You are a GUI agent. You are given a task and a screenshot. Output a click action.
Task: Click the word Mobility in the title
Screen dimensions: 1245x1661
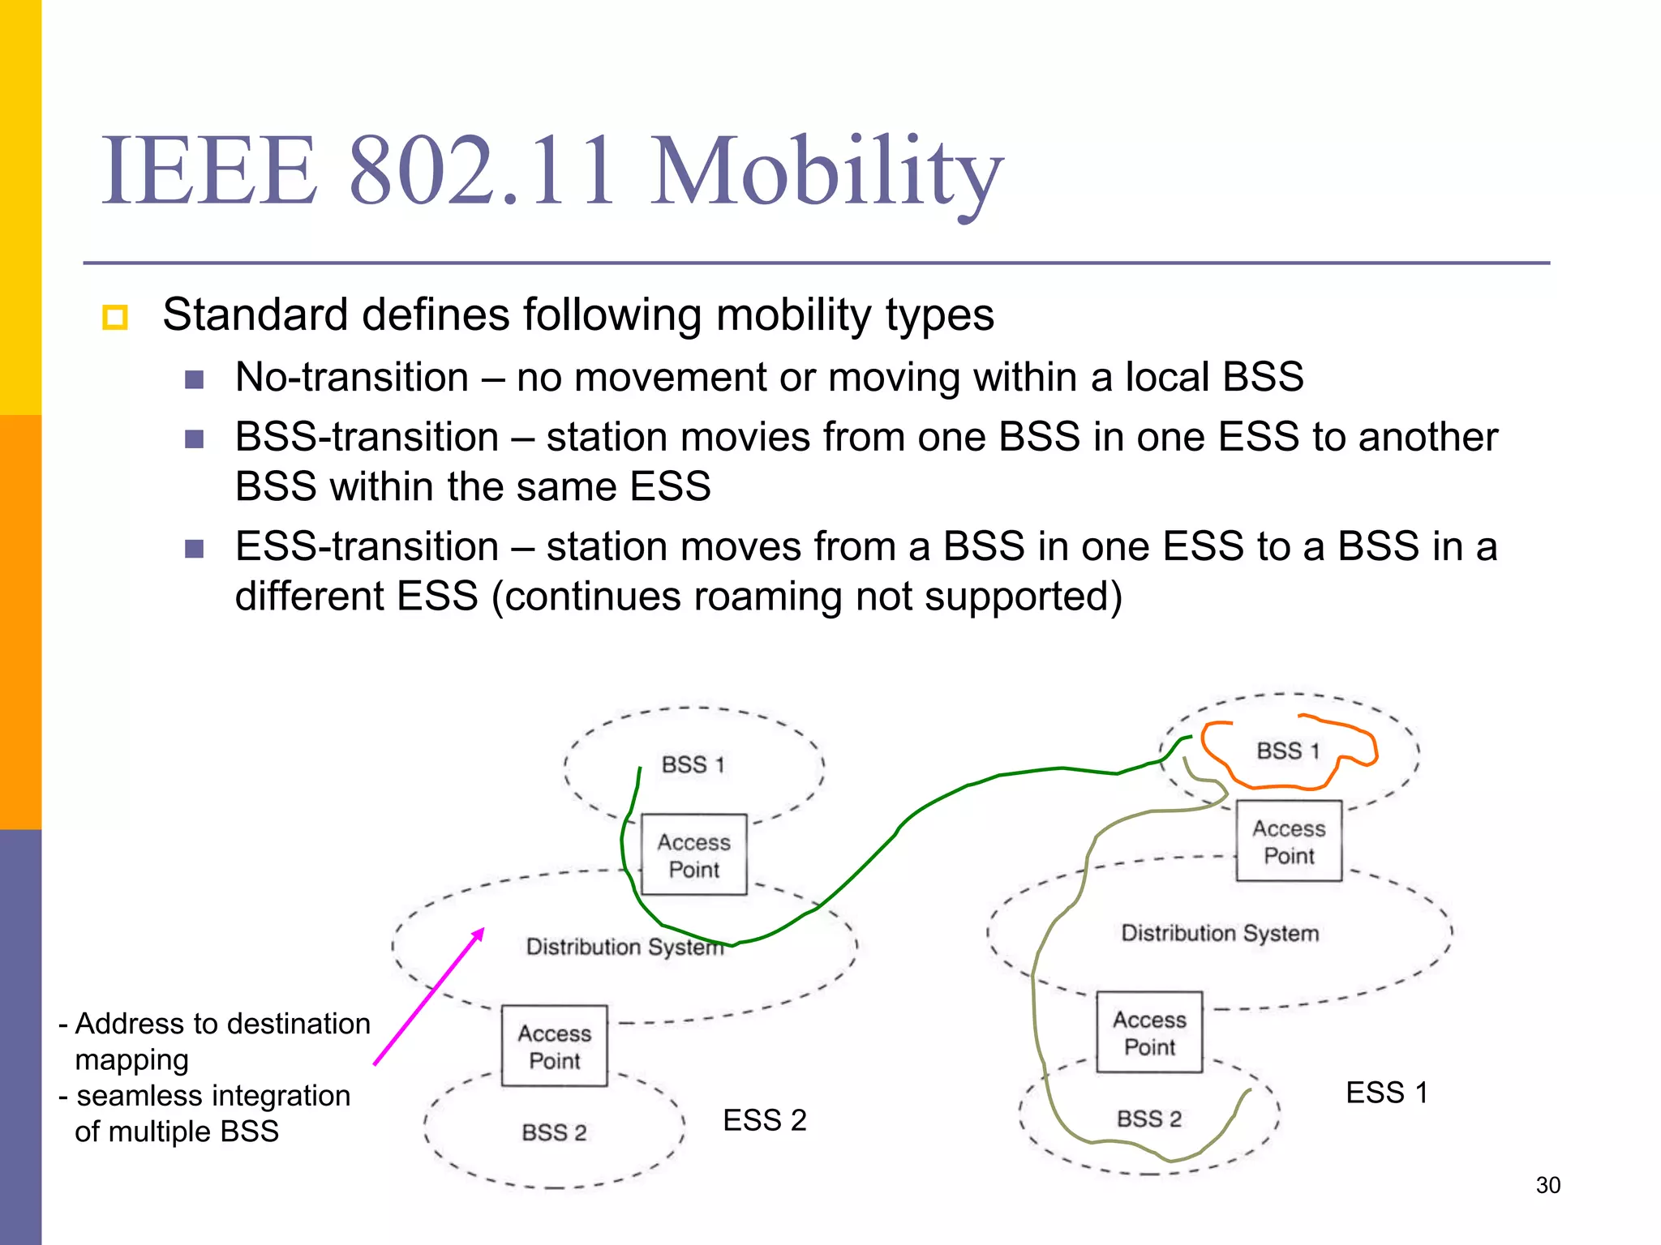827,172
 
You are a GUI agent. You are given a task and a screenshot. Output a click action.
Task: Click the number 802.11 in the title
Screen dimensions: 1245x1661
482,172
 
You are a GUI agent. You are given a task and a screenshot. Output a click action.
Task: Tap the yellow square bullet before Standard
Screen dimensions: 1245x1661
115,316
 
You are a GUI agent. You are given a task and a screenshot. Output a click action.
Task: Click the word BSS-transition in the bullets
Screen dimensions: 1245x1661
367,437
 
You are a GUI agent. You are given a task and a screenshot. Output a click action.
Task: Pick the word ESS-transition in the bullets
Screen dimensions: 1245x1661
367,546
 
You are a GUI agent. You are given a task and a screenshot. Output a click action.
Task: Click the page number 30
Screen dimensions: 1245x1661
1547,1185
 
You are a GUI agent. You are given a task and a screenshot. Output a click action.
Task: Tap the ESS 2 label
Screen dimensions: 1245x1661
764,1120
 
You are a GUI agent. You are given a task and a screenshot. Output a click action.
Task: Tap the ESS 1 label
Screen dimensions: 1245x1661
1386,1093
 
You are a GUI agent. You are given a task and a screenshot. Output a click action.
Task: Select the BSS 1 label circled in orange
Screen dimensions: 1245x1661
1288,751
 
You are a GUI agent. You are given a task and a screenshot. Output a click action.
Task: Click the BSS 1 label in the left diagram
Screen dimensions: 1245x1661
693,764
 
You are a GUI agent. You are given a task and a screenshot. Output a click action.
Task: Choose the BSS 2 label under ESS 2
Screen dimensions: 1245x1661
554,1132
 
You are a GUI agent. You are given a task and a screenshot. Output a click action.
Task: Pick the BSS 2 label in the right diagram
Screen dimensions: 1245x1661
1148,1119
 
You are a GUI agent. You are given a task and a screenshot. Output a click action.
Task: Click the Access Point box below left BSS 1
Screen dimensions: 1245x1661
693,855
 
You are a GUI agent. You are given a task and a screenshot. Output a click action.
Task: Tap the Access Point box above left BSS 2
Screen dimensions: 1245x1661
554,1046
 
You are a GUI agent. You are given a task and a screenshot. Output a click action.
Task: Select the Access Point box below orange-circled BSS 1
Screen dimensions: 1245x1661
1288,841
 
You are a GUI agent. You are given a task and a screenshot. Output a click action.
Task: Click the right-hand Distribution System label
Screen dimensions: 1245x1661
1219,933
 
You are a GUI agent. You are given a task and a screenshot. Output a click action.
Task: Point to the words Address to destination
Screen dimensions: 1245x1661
222,1024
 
